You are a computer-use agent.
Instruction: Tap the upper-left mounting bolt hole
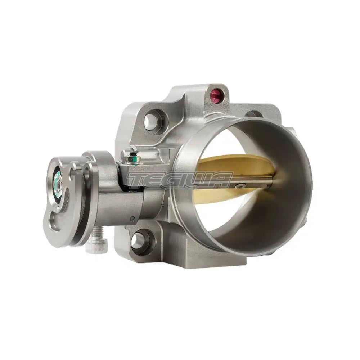click(151, 122)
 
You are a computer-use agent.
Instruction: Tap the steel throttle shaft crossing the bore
click(252, 184)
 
